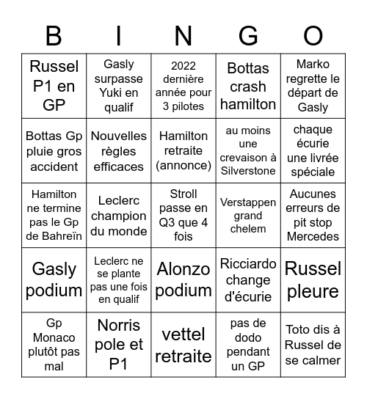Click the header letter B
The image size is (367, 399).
pos(54,35)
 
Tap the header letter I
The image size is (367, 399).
pos(119,35)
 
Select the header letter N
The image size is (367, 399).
pos(183,35)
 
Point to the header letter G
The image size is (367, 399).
pos(248,35)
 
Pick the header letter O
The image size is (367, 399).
pos(313,35)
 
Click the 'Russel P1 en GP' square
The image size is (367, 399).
pos(54,87)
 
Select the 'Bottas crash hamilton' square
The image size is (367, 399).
pos(248,87)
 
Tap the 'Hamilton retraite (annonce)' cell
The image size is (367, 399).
pos(183,151)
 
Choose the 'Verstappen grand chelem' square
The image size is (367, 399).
pos(248,216)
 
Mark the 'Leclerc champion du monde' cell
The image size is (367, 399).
pos(119,216)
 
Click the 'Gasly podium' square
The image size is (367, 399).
pos(54,279)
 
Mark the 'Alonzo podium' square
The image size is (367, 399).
pos(183,279)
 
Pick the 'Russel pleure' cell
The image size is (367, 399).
pos(313,279)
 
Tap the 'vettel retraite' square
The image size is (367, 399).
pos(183,345)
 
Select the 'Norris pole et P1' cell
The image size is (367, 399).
pos(119,345)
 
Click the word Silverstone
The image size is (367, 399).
pos(248,171)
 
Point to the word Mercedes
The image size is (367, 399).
pos(313,236)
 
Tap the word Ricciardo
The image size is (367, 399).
pos(248,263)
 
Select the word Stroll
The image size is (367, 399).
pos(183,194)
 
